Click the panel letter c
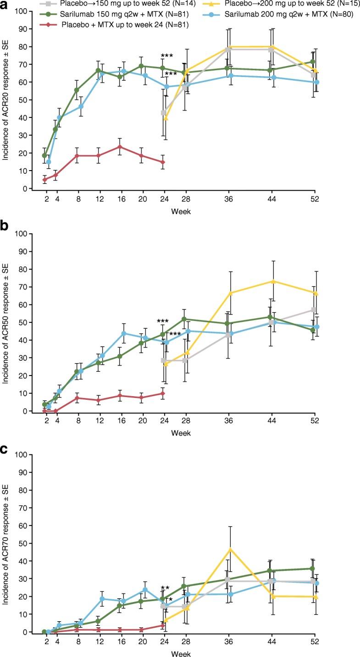6,448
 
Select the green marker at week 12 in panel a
98,70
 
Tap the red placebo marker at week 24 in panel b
163,393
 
